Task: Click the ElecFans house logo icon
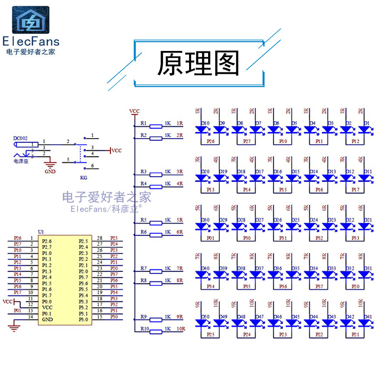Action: click(30, 20)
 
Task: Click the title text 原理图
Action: click(198, 63)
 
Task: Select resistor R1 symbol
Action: click(156, 126)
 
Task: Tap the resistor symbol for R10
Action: click(156, 329)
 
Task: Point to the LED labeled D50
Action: click(201, 322)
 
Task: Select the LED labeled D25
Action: click(291, 226)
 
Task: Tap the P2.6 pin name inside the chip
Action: click(47, 241)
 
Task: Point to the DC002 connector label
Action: click(21, 138)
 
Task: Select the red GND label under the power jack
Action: click(50, 172)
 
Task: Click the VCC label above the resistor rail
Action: click(135, 111)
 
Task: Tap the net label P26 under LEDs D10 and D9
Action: click(210, 141)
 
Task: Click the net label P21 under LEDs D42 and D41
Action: click(355, 334)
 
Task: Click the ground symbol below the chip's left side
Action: click(15, 327)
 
